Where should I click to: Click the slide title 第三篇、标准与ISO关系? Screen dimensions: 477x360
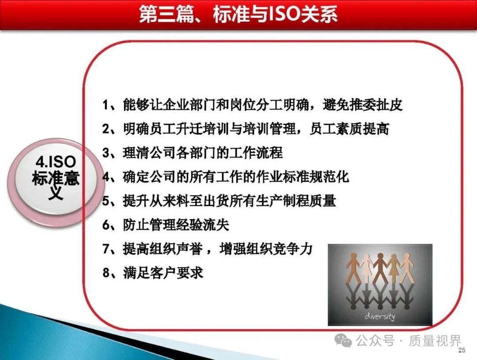point(238,14)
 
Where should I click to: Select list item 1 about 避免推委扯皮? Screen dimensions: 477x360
point(252,105)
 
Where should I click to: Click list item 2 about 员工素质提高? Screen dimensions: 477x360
point(246,129)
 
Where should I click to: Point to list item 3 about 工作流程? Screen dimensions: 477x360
point(193,152)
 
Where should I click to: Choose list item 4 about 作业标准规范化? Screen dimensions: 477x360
point(225,177)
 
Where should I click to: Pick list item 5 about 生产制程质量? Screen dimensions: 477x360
point(219,201)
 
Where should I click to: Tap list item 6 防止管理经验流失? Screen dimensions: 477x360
point(166,225)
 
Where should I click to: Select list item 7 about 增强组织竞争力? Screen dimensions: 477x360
point(208,249)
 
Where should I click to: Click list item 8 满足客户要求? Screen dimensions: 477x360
point(153,273)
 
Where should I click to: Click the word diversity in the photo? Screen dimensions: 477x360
point(380,316)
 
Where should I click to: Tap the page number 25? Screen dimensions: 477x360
point(462,350)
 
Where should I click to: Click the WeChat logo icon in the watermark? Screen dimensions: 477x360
point(343,340)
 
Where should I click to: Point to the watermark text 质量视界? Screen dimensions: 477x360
point(435,340)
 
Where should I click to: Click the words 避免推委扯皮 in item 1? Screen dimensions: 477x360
point(363,105)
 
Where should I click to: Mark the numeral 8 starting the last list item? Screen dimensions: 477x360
point(106,273)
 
